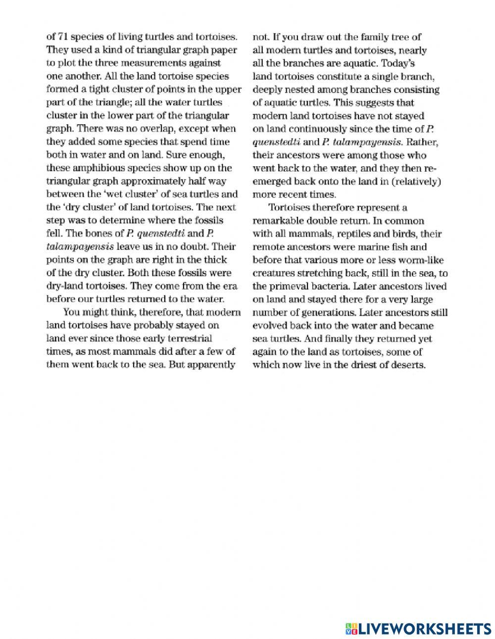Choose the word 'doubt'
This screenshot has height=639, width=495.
(198, 246)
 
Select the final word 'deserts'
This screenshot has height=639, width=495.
(409, 365)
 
